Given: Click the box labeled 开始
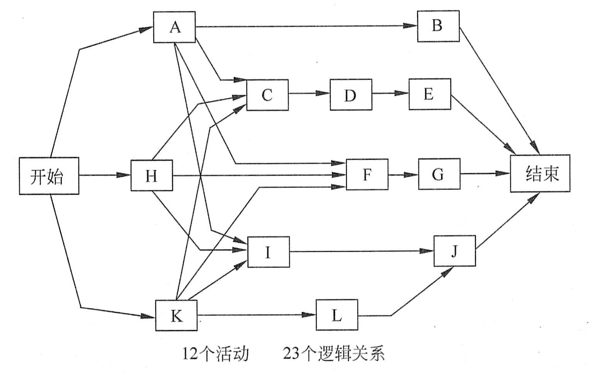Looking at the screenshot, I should click(49, 176).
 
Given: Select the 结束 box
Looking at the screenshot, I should click(540, 173).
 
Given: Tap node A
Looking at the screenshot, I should click(174, 27).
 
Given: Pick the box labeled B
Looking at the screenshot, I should click(438, 26).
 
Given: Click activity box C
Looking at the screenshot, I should click(267, 95).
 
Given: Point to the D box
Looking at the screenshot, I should click(351, 95).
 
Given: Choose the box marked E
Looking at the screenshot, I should click(429, 94).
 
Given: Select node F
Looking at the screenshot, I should click(367, 174).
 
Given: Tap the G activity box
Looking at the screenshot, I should click(439, 174).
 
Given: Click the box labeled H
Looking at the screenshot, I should click(151, 176).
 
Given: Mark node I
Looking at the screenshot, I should click(268, 252).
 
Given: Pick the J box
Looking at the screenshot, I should click(455, 251).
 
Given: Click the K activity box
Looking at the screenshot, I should click(176, 315).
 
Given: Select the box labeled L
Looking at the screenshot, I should click(336, 315).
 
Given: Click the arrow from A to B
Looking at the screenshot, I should click(305, 26).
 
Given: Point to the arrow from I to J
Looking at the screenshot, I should click(361, 251).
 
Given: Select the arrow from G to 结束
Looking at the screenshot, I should click(485, 174).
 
